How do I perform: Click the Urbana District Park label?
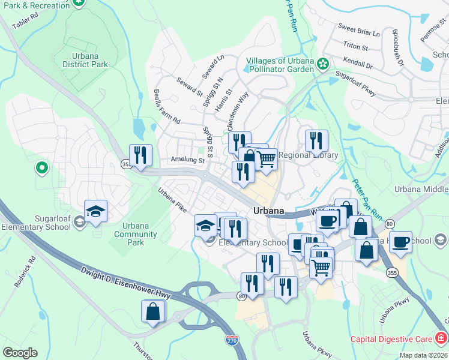[85, 59]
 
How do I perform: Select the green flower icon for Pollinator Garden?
[323, 63]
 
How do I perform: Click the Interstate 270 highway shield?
[232, 340]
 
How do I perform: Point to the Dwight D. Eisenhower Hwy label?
[126, 282]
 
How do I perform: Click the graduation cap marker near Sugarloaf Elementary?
[95, 211]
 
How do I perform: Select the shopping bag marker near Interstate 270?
[152, 311]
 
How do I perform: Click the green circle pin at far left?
[41, 167]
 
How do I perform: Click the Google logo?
[20, 353]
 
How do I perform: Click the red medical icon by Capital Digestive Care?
[441, 337]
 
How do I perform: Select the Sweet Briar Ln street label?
[359, 30]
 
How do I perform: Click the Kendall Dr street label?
[358, 62]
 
